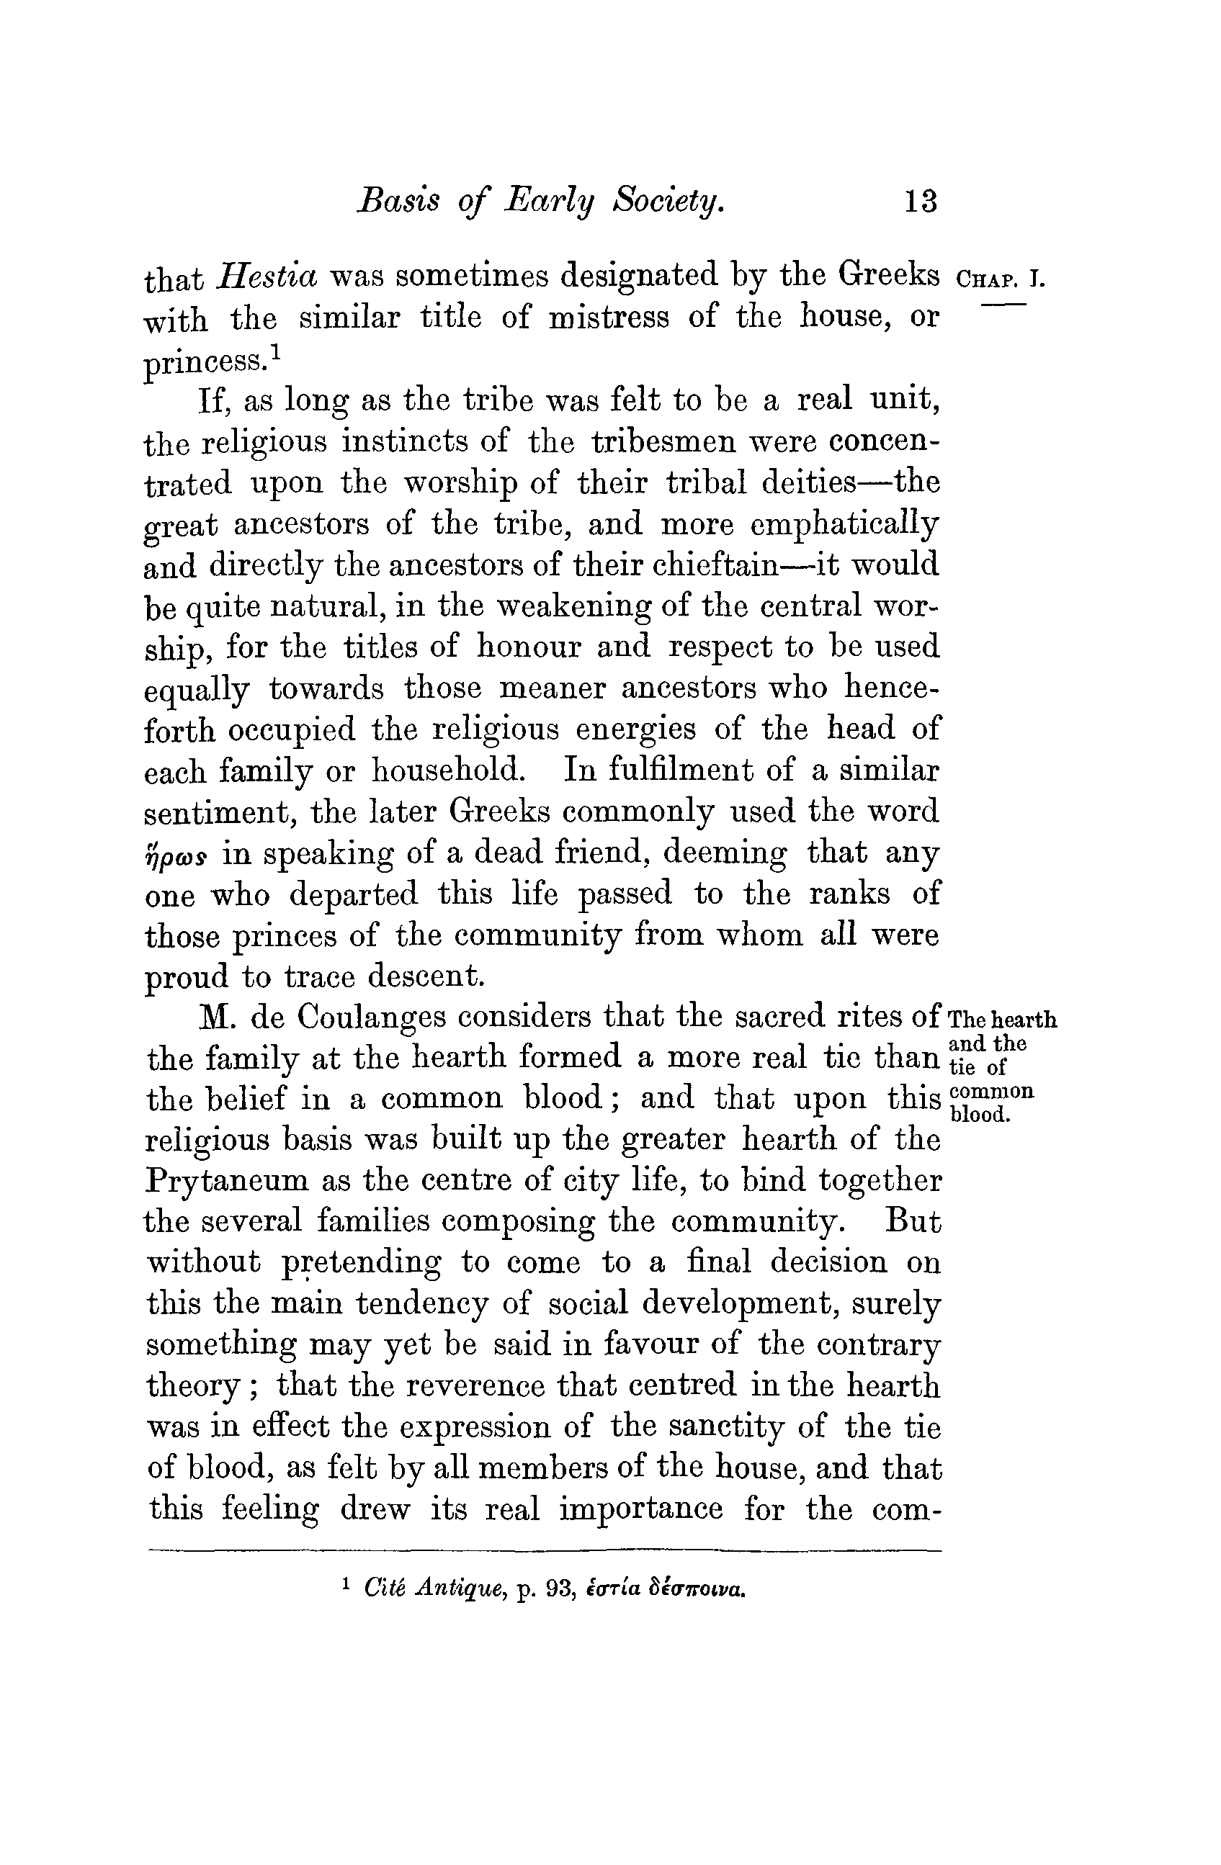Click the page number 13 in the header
pyautogui.click(x=920, y=202)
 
